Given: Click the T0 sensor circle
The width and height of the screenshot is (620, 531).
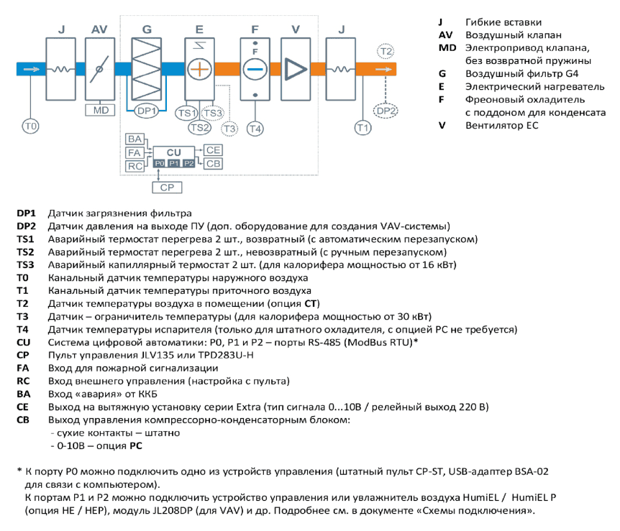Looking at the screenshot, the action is click(30, 126).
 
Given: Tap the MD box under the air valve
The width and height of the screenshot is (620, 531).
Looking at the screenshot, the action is click(100, 110).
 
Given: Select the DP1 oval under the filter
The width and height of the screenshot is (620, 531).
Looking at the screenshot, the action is click(146, 111).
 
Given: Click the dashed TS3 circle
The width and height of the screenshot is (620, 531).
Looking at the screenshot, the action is click(213, 114).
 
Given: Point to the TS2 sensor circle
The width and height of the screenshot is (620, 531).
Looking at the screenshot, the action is click(199, 128).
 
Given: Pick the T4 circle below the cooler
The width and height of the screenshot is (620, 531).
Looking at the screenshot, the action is click(255, 129).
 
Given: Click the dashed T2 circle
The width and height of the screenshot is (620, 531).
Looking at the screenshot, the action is click(386, 51).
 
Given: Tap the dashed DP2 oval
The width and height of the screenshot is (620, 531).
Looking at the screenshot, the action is click(386, 111).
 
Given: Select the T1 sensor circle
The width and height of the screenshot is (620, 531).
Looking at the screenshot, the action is click(363, 128).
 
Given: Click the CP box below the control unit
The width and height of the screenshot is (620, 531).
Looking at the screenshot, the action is click(167, 188).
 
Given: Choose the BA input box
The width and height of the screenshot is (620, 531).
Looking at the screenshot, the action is click(135, 139).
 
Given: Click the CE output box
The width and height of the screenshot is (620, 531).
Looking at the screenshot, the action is click(213, 150).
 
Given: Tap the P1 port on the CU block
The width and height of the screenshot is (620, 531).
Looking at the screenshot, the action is click(174, 163).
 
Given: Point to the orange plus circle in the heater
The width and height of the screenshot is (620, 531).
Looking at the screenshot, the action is click(199, 69).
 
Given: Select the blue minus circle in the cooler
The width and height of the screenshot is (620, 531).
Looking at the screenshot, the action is click(255, 69).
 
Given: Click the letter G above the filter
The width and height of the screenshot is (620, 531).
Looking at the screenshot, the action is click(147, 29).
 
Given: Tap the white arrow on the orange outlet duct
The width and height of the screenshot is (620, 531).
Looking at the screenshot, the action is click(383, 70).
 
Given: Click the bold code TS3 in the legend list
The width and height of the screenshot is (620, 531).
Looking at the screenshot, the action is click(25, 264).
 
